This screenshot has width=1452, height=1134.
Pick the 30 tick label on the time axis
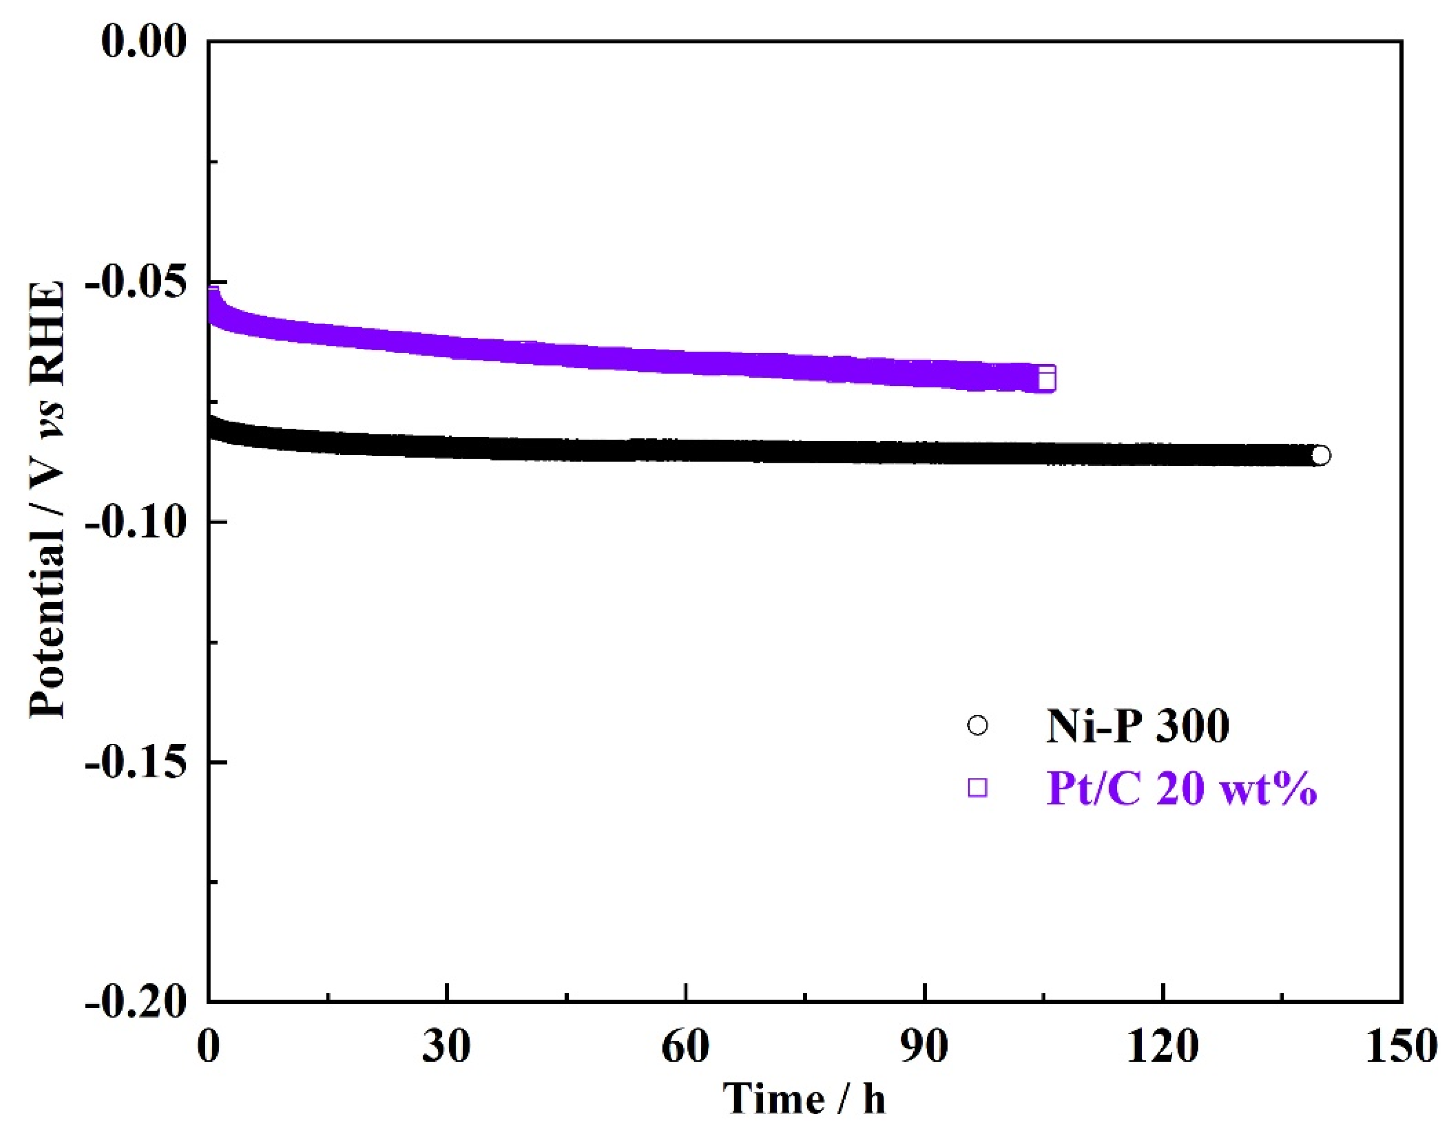pos(446,1046)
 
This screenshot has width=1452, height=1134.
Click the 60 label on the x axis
pos(686,1046)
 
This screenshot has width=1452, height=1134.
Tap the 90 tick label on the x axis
pos(924,1046)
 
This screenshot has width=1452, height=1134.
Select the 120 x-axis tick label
pos(1163,1046)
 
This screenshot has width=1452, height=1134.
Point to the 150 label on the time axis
pos(1403,1046)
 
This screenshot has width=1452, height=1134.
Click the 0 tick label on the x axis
pos(208,1046)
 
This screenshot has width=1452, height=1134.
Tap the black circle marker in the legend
pos(977,725)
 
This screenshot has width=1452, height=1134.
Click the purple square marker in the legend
pos(977,788)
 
